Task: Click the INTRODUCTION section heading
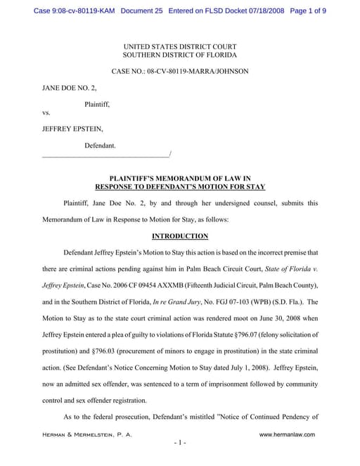coord(180,236)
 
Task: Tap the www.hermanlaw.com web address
coord(287,434)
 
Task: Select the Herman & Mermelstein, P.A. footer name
coord(87,434)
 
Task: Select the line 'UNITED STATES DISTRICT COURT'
coord(180,46)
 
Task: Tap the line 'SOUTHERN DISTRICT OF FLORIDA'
coord(180,55)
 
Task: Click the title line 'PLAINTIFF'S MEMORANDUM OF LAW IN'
coord(180,179)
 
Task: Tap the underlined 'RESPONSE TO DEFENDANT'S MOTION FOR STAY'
coord(180,187)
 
